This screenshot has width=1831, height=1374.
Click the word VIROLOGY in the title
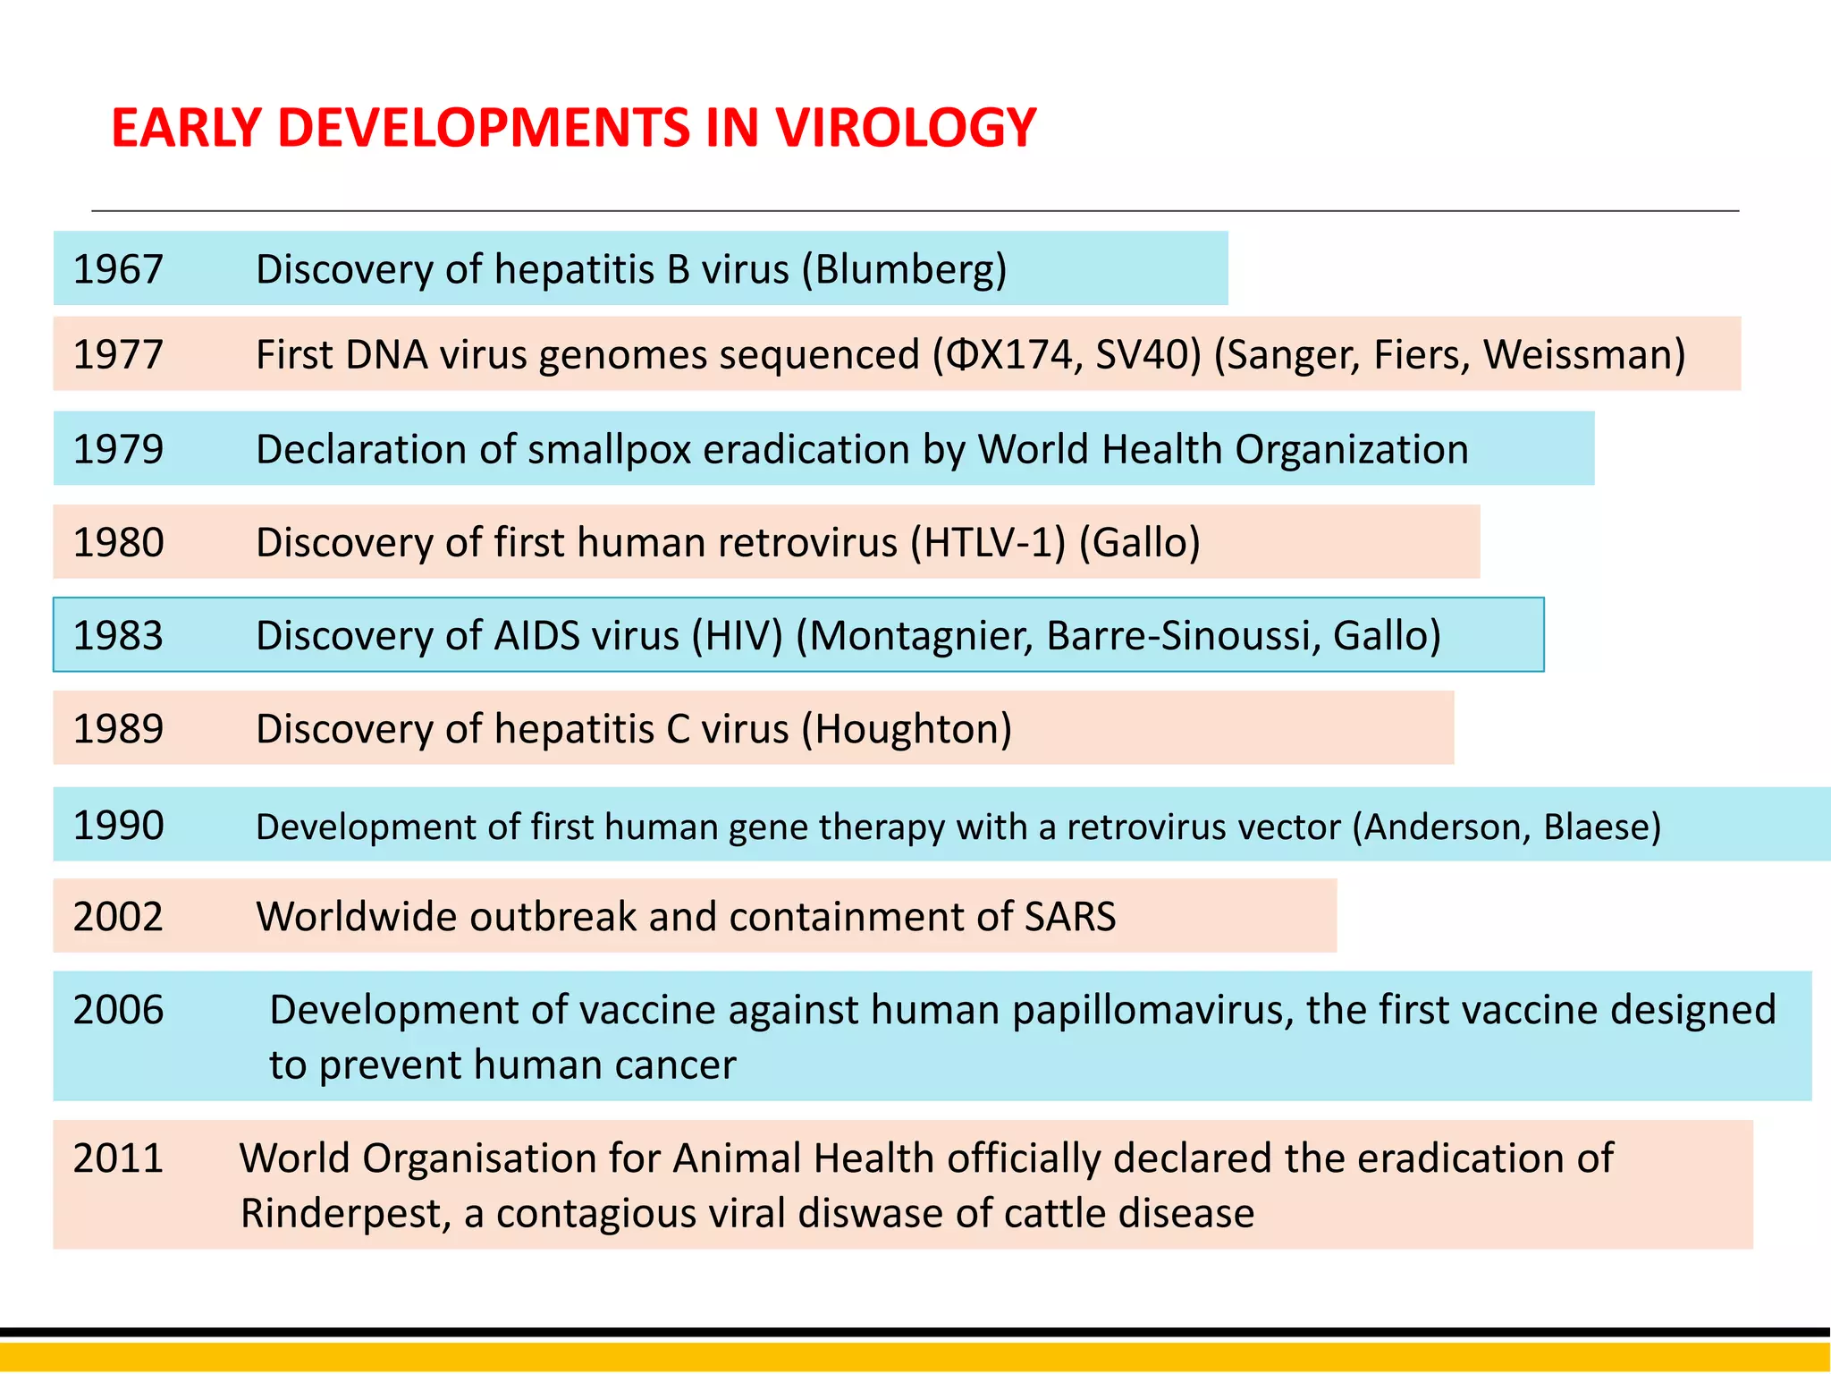pyautogui.click(x=905, y=127)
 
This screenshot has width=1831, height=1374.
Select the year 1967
pyautogui.click(x=118, y=269)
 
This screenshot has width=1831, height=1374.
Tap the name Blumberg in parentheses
pyautogui.click(x=904, y=269)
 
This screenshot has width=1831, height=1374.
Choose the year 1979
pyautogui.click(x=118, y=449)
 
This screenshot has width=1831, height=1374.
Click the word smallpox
pyautogui.click(x=609, y=449)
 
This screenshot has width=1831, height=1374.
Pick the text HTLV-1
pyautogui.click(x=988, y=543)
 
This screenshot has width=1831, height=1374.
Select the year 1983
pyautogui.click(x=118, y=636)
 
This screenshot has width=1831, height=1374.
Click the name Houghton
pyautogui.click(x=907, y=729)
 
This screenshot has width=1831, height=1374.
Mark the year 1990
pyautogui.click(x=118, y=826)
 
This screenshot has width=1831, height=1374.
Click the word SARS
pyautogui.click(x=1069, y=917)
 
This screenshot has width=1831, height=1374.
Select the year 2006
pyautogui.click(x=118, y=1010)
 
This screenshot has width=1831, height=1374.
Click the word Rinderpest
pyautogui.click(x=344, y=1214)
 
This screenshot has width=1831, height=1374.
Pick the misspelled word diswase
pyautogui.click(x=870, y=1214)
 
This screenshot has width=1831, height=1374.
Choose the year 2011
pyautogui.click(x=118, y=1158)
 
